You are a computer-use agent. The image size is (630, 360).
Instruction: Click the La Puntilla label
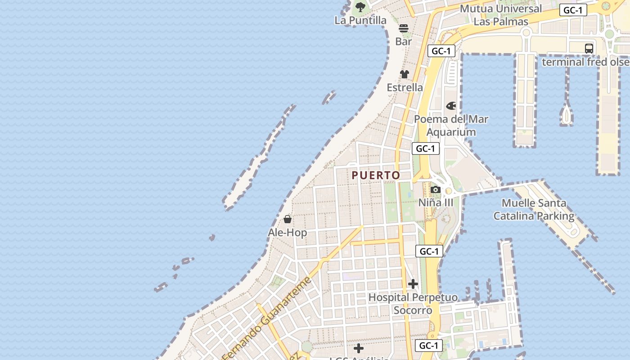pyautogui.click(x=360, y=20)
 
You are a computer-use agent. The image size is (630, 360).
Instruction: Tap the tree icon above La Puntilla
pyautogui.click(x=360, y=7)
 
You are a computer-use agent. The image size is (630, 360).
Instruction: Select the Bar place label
pyautogui.click(x=404, y=41)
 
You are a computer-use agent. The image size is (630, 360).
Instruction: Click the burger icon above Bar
pyautogui.click(x=404, y=28)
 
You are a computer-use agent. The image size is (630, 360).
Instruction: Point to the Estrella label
pyautogui.click(x=405, y=87)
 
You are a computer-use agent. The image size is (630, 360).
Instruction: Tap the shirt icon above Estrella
pyautogui.click(x=405, y=74)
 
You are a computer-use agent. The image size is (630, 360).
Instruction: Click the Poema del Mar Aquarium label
pyautogui.click(x=451, y=126)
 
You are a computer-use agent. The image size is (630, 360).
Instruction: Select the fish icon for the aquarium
pyautogui.click(x=451, y=106)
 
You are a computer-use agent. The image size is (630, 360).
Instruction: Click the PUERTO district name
pyautogui.click(x=376, y=175)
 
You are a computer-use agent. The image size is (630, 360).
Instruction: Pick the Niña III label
pyautogui.click(x=436, y=203)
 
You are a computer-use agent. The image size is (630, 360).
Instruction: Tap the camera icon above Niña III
pyautogui.click(x=435, y=190)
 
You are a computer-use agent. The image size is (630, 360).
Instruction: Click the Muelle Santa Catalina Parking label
pyautogui.click(x=534, y=210)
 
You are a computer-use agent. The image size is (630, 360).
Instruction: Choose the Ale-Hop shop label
pyautogui.click(x=288, y=233)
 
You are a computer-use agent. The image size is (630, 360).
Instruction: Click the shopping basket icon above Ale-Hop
pyautogui.click(x=288, y=219)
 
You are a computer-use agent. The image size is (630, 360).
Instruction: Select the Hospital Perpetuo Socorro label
pyautogui.click(x=413, y=304)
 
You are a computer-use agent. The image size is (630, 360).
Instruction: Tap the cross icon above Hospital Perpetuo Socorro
pyautogui.click(x=413, y=284)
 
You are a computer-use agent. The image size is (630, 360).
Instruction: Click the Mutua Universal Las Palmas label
pyautogui.click(x=501, y=15)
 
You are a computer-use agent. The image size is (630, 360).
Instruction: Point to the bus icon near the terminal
pyautogui.click(x=589, y=48)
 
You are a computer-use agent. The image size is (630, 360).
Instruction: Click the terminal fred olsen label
pyautogui.click(x=585, y=62)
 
